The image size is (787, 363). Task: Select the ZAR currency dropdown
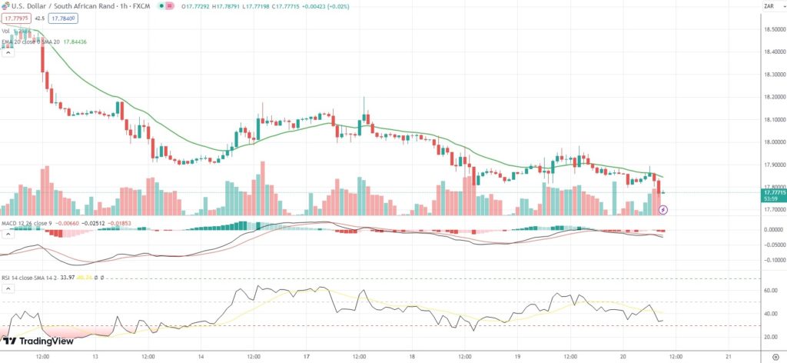click(769, 6)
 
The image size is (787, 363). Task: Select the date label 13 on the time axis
click(95, 357)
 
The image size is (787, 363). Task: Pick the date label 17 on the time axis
click(305, 357)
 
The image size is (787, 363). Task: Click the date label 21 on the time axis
click(727, 357)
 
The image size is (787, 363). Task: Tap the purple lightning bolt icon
click(663, 208)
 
